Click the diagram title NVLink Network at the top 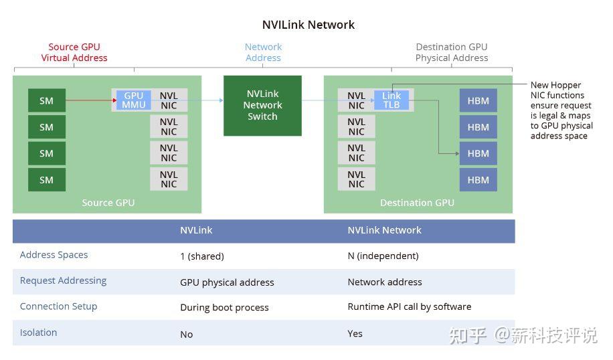click(308, 25)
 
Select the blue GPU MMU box click(133, 100)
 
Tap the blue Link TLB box click(391, 100)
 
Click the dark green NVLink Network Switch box click(262, 105)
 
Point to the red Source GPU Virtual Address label click(74, 52)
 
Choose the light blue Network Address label click(263, 52)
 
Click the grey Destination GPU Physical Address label click(451, 52)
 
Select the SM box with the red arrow click(46, 100)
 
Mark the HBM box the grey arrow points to click(478, 153)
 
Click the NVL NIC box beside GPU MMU click(169, 100)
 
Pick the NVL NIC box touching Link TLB click(356, 100)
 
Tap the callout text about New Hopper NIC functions click(561, 110)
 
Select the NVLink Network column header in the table click(384, 230)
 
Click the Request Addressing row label click(63, 280)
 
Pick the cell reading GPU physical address click(227, 282)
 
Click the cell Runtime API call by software click(409, 306)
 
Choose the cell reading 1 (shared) click(201, 256)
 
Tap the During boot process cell click(224, 308)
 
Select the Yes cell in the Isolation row click(355, 333)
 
